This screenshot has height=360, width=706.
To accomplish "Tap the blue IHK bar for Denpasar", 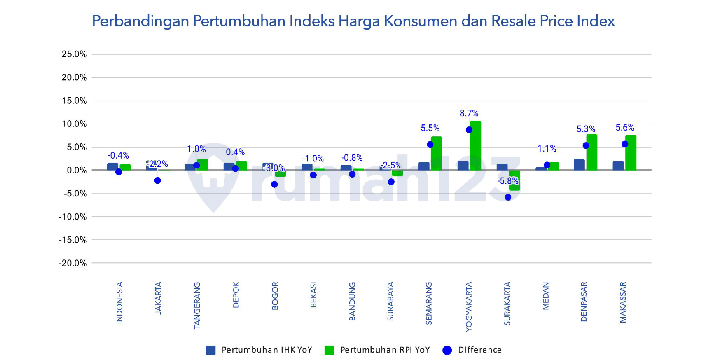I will click(x=579, y=165).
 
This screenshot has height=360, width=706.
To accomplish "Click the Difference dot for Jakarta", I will click(x=157, y=180).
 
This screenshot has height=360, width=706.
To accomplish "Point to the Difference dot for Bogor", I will click(x=274, y=185).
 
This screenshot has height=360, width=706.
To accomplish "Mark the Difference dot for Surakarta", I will click(x=508, y=197).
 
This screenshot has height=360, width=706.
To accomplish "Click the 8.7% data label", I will click(x=469, y=113).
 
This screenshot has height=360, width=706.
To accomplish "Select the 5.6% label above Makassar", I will click(x=624, y=128).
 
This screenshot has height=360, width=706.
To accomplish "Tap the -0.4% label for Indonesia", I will click(x=118, y=156).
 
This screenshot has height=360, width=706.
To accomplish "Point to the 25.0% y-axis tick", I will click(x=74, y=54).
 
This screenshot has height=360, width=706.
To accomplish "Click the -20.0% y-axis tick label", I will click(x=72, y=263).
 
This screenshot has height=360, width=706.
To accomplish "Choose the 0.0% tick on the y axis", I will click(x=77, y=171).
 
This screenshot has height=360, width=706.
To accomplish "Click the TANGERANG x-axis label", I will click(x=197, y=305).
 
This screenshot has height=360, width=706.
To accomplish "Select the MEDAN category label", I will click(x=546, y=296).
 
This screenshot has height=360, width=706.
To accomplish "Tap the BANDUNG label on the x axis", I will click(x=352, y=301).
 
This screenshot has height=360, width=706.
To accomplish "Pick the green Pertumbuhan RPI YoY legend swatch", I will click(x=329, y=350).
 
